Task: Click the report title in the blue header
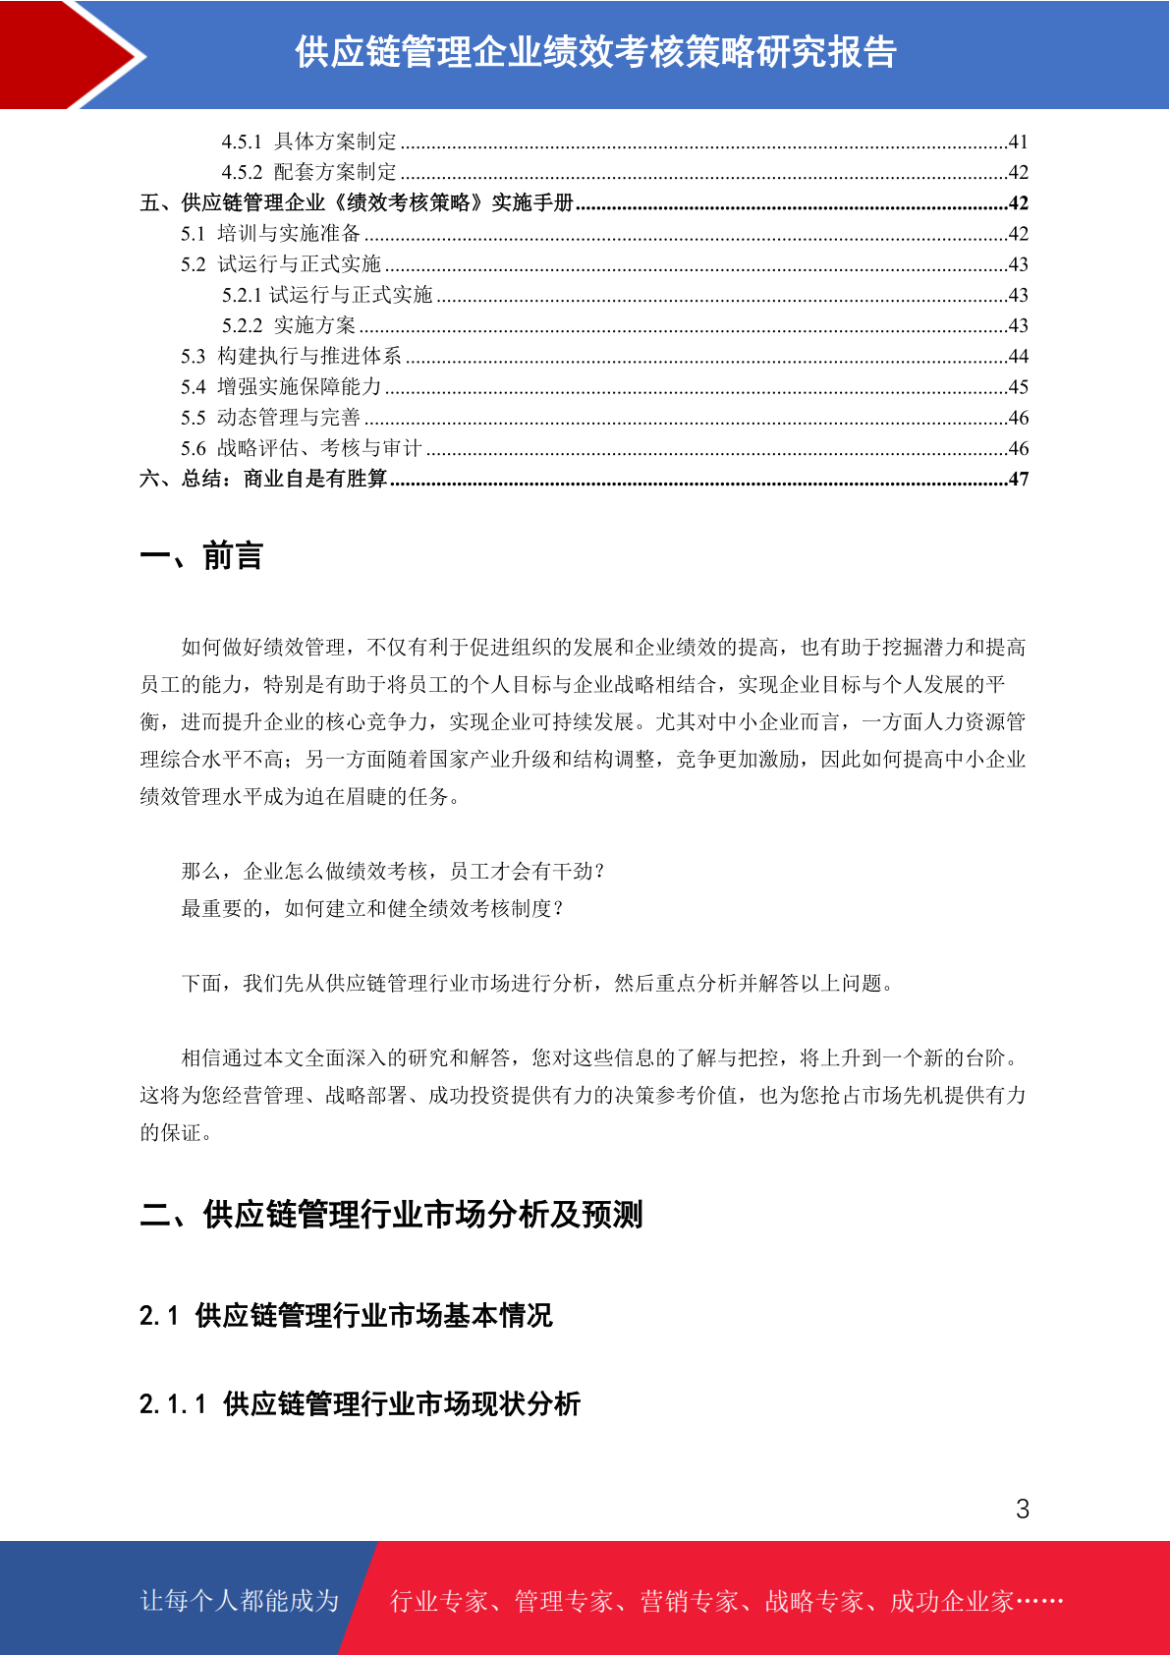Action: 595,53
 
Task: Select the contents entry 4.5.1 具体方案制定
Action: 309,142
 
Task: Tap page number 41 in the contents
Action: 1018,142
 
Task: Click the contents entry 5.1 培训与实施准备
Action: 271,234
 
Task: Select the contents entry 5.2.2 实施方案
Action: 289,325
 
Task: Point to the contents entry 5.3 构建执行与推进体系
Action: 291,356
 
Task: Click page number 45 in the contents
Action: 1018,387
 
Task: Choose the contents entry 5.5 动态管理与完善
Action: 270,418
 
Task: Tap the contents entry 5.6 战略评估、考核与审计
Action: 301,448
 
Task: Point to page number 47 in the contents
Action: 1018,480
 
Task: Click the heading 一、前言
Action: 201,556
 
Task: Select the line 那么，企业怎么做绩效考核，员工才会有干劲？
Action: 393,871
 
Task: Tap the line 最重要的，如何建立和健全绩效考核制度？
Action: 372,908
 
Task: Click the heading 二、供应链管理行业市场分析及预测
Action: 391,1215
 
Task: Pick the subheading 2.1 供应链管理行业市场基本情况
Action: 346,1315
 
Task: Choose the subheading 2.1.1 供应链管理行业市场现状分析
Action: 360,1403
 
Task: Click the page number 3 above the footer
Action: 1023,1509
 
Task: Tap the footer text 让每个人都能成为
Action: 240,1601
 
